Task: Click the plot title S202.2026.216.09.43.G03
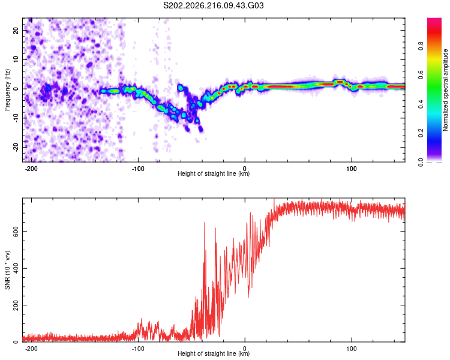[x=213, y=5]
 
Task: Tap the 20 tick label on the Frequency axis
[x=16, y=30]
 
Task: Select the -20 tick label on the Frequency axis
[x=16, y=148]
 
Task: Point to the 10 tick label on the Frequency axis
[x=16, y=59]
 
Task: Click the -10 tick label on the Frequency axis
[x=16, y=118]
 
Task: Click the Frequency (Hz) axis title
[x=7, y=90]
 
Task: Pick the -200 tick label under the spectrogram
[x=31, y=169]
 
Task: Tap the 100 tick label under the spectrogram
[x=351, y=169]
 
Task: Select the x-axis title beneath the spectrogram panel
[x=214, y=173]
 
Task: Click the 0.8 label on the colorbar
[x=421, y=46]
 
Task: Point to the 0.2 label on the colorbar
[x=421, y=133]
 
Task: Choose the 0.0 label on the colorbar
[x=421, y=162]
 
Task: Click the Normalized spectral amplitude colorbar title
[x=445, y=90]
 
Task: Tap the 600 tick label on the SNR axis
[x=16, y=232]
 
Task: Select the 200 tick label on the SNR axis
[x=16, y=305]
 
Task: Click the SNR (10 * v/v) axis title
[x=7, y=270]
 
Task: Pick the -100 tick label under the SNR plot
[x=138, y=349]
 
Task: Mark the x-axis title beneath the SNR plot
[x=214, y=353]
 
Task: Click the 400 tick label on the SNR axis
[x=16, y=268]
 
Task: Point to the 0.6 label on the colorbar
[x=421, y=75]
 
